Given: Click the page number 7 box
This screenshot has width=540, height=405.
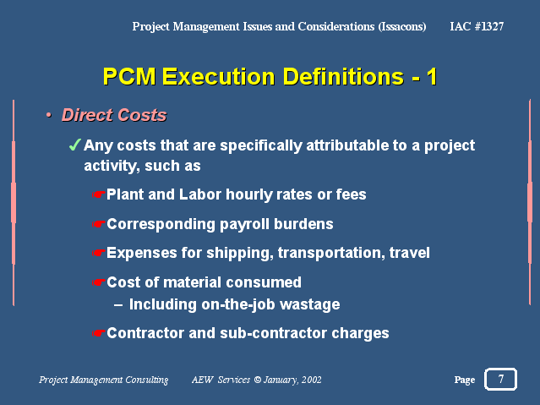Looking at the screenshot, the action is (500, 379).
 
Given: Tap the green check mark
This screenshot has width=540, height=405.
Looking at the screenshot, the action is (74, 145).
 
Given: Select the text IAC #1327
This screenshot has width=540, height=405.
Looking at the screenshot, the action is (477, 26).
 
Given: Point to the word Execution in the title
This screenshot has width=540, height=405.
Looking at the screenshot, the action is (218, 76).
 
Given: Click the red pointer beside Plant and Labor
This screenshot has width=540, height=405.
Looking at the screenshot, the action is (98, 194).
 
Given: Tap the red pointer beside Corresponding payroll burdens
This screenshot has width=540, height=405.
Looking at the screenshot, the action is (98, 224).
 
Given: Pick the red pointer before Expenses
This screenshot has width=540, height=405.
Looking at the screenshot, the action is (98, 253).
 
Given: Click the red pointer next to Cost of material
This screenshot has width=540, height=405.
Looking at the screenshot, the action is (98, 282).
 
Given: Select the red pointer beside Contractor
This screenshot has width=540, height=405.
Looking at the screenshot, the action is (98, 333).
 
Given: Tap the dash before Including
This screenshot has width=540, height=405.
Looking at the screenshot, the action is (118, 305).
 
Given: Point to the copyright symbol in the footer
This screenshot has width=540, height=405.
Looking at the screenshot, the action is (258, 380).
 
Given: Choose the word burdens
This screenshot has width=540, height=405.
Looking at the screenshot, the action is (303, 224).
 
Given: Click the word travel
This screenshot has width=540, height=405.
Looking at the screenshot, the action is (410, 253).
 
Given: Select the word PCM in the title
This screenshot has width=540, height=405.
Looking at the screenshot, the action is (129, 76).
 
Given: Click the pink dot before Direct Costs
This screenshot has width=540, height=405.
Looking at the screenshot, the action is (49, 115).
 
